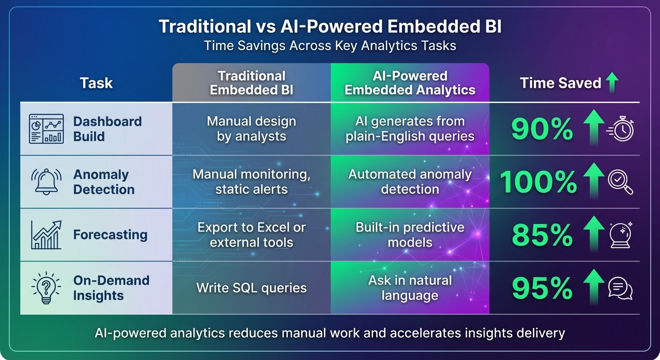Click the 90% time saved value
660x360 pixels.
542,129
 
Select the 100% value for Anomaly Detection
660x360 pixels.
538,182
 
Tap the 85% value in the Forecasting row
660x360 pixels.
542,235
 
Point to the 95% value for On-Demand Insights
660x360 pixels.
542,288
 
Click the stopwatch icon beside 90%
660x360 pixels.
621,129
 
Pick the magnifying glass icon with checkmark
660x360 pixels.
620,182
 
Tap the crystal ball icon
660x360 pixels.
621,235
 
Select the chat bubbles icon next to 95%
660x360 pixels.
620,288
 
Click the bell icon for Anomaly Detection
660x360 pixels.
46,182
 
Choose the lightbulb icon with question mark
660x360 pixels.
46,288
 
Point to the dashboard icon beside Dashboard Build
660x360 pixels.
46,129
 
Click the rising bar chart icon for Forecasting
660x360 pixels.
46,235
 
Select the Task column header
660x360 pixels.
96,83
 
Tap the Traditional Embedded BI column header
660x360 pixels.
251,83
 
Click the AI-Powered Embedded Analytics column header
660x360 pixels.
410,83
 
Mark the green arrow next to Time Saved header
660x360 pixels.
611,83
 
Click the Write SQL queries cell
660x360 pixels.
251,288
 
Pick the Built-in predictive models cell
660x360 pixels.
410,235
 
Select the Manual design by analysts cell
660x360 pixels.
251,129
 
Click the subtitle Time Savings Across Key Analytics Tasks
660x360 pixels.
330,46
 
